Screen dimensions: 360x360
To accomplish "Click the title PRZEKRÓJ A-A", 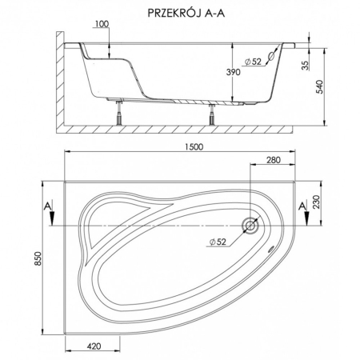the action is point(186,13).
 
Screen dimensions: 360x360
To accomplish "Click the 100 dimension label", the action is point(102,24).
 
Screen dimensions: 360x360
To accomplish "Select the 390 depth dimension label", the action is point(234,72).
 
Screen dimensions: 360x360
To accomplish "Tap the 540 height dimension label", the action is point(319,86).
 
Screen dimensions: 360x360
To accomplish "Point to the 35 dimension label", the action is point(306,66).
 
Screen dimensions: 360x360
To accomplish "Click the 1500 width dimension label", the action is point(194,147).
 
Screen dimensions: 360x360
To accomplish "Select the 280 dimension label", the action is point(274,160).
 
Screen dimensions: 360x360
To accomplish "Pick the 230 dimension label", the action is point(316,202).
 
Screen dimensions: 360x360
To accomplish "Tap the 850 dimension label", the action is point(38,258).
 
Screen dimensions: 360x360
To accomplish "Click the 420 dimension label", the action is point(94,346).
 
